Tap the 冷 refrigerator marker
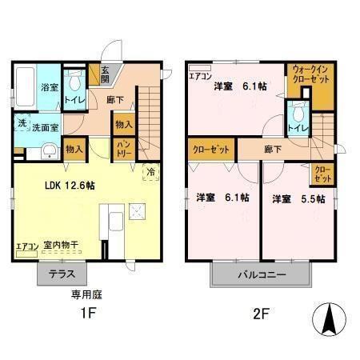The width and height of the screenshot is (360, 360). (150, 171)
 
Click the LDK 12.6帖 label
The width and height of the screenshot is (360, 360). (70, 186)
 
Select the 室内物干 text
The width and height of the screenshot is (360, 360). (61, 246)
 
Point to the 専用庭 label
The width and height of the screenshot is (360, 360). (86, 294)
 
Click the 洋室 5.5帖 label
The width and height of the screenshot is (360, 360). (297, 198)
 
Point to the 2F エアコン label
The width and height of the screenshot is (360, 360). (200, 77)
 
